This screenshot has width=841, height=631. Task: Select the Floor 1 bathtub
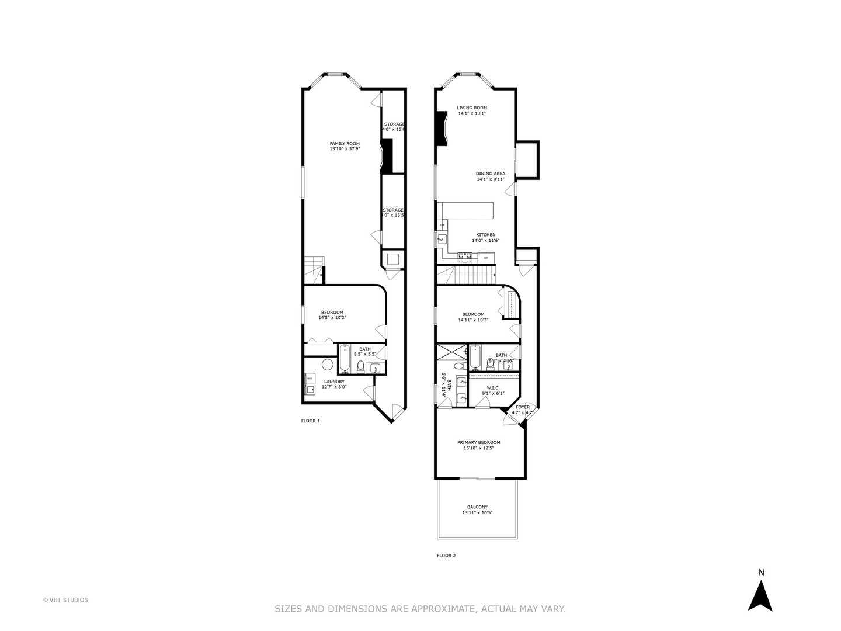(x=344, y=359)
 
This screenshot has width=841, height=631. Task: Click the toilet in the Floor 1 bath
(x=360, y=367)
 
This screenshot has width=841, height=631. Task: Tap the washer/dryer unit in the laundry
(x=310, y=384)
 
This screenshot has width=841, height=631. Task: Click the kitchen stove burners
(x=465, y=255)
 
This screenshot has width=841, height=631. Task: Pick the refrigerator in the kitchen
(x=486, y=257)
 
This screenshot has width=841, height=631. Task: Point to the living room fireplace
(x=441, y=129)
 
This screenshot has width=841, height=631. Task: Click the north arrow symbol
(x=760, y=591)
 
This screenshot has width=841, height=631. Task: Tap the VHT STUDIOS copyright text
(x=65, y=600)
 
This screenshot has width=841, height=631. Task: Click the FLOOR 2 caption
(x=446, y=556)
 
